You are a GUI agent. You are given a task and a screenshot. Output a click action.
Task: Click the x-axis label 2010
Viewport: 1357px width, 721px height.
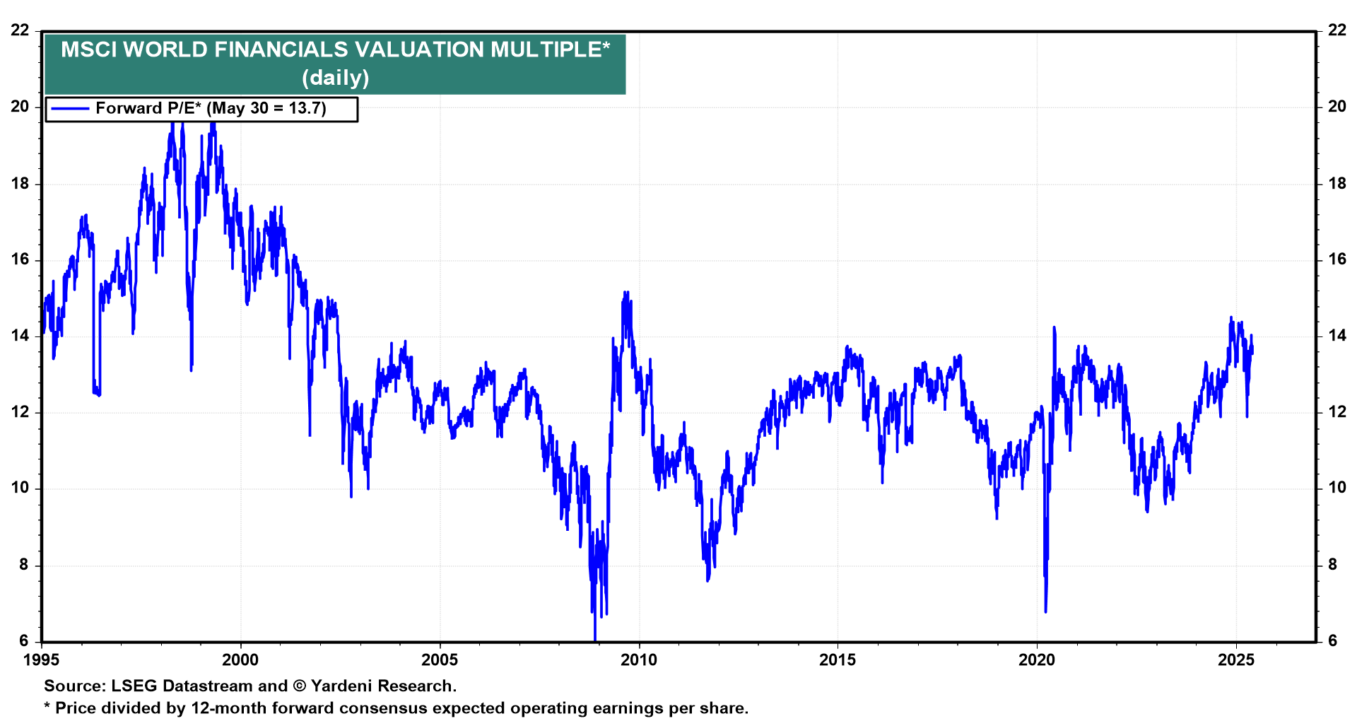638,660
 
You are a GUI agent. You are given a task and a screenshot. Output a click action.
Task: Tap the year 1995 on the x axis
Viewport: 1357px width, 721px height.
42,660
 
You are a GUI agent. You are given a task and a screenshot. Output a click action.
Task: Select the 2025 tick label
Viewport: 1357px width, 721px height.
1236,660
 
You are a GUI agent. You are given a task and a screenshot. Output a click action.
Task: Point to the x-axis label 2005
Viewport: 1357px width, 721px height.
440,660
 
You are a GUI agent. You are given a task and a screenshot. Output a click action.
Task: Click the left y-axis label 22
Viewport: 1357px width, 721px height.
20,30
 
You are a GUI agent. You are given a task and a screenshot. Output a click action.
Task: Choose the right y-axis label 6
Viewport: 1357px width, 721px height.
1332,640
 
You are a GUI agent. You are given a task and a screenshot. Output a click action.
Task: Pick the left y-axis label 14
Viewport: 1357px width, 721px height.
20,336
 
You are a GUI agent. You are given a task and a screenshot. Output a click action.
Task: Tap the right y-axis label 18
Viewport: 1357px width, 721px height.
1337,184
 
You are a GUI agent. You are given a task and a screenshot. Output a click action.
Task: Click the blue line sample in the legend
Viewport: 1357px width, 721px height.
70,109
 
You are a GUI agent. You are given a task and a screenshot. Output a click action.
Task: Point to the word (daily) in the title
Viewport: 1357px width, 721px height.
335,77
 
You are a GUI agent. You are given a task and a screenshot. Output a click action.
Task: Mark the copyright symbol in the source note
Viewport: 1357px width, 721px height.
299,686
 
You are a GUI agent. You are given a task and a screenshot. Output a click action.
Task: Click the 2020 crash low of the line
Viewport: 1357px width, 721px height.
1045,611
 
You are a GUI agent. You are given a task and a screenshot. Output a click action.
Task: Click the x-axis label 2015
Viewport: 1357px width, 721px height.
838,660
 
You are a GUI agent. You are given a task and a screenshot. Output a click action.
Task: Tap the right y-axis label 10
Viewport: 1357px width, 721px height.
1337,488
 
